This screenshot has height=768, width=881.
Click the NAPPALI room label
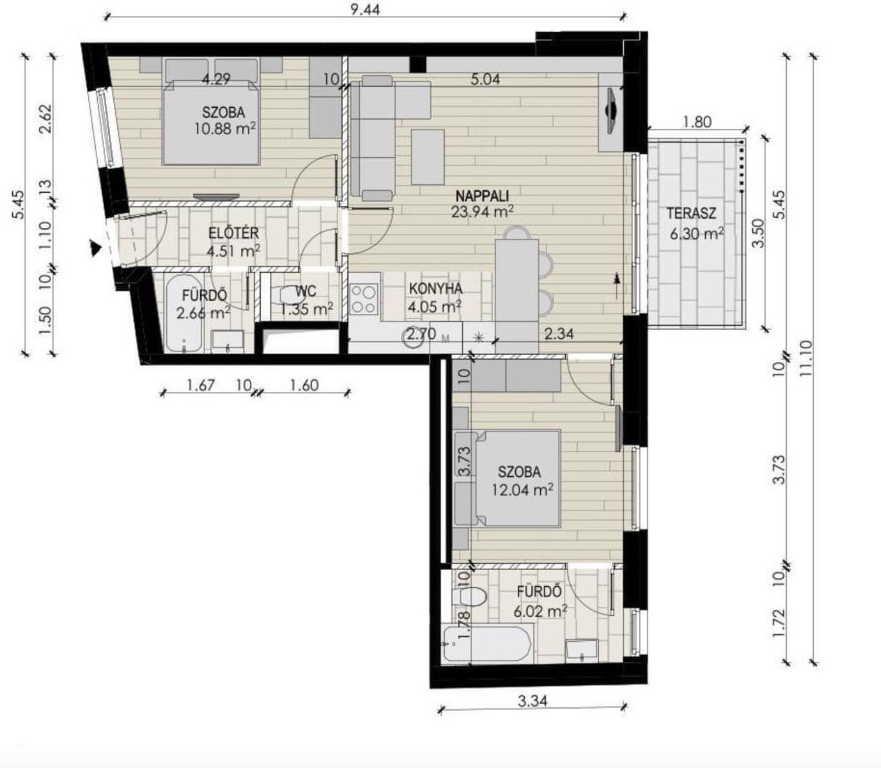[x=482, y=196]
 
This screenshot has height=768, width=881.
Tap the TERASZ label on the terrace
[x=691, y=213]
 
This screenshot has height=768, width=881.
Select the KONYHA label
[x=436, y=288]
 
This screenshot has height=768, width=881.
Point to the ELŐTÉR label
[x=233, y=233]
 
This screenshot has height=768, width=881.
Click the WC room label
[x=306, y=291]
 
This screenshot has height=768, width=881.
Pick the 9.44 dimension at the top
[x=365, y=9]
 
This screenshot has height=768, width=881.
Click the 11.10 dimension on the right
[x=806, y=359]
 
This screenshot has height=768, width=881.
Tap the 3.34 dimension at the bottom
[x=532, y=701]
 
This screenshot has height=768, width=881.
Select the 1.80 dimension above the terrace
[x=696, y=121]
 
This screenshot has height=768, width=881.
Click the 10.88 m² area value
[x=225, y=129]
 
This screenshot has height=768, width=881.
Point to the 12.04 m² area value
[x=522, y=490]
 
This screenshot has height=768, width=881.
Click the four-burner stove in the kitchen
[x=365, y=298]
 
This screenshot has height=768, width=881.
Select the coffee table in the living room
[x=427, y=157]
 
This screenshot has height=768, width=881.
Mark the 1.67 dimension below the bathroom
[x=200, y=385]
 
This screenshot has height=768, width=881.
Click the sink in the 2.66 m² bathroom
[x=227, y=340]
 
